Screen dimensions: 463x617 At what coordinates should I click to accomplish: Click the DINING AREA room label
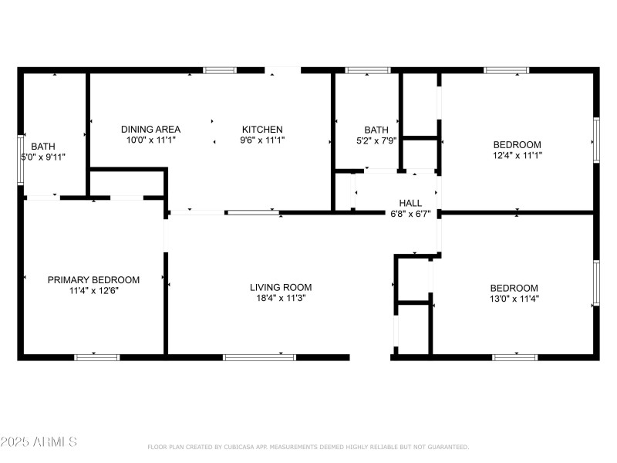click(151, 129)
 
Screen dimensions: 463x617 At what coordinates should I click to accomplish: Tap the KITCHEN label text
click(262, 129)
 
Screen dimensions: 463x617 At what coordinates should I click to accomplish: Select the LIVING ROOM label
click(281, 287)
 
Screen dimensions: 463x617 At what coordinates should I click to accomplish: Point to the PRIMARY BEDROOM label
click(93, 279)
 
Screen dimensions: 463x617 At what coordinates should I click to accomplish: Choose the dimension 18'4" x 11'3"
click(281, 298)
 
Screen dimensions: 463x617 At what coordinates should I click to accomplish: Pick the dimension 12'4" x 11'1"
click(517, 155)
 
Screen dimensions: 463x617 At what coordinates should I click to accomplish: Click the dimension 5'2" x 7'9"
click(376, 140)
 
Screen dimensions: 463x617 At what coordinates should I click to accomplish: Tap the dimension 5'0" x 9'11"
click(43, 157)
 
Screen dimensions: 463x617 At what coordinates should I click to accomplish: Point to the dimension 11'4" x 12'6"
click(93, 290)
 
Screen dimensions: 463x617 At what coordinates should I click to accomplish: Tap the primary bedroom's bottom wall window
click(97, 357)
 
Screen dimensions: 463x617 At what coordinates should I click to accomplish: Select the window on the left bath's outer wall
click(21, 161)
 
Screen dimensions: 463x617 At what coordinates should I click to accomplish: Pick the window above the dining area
click(220, 70)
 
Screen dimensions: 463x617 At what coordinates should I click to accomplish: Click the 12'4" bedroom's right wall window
click(595, 140)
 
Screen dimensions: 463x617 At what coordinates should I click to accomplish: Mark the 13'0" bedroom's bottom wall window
click(514, 357)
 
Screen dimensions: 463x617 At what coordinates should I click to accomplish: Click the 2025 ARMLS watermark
click(39, 442)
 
